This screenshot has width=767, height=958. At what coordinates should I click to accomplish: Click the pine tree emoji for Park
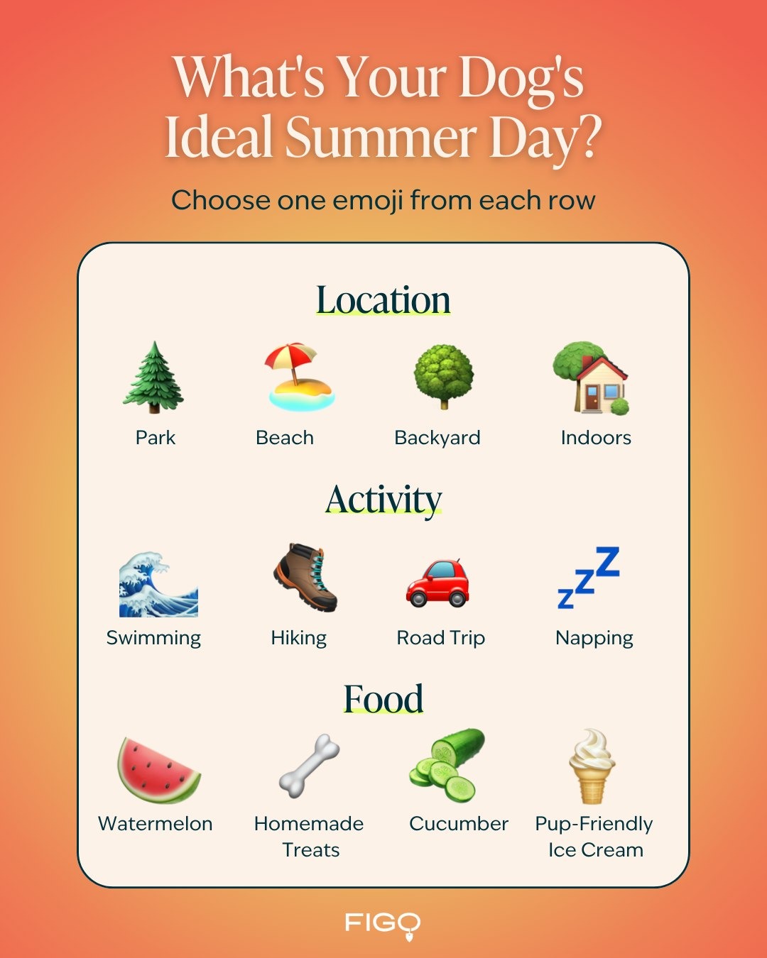point(153,378)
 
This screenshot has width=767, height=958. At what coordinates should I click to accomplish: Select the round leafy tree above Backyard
point(444,377)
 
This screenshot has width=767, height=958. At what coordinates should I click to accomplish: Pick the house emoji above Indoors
point(591,378)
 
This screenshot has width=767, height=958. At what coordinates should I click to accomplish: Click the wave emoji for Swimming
point(158,585)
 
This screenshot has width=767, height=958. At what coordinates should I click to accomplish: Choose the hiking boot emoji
point(305,578)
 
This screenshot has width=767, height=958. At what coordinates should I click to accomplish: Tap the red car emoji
point(437,583)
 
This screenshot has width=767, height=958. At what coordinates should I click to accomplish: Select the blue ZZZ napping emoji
point(588,578)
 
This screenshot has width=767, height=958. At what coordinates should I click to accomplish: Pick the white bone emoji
point(310,766)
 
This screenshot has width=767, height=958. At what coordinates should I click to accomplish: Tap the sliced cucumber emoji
point(447,766)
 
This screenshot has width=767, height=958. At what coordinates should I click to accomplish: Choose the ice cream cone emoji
point(592,766)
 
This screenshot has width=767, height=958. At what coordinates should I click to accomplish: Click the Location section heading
point(383,300)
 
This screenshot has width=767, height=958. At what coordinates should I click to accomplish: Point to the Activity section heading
point(383,500)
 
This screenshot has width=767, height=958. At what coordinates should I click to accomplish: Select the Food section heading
point(383,699)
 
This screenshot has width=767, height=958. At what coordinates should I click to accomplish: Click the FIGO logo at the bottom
point(383,923)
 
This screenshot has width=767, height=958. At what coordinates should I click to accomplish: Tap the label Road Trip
point(441,639)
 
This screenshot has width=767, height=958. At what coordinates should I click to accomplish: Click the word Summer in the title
point(381,136)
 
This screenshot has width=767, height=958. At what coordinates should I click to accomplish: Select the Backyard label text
point(437,439)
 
